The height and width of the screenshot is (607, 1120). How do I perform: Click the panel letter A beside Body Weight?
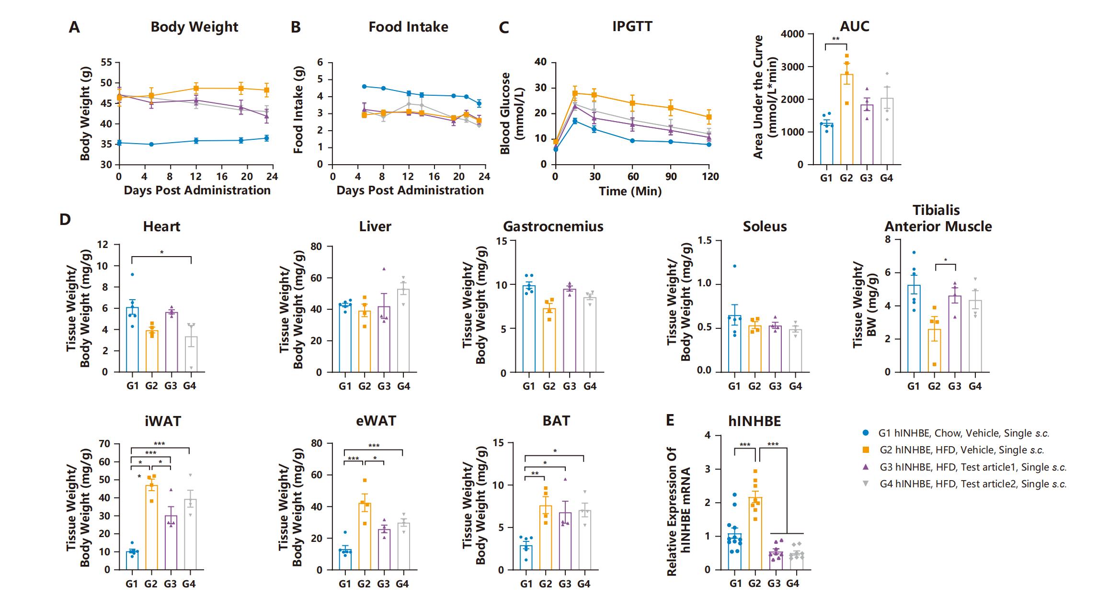click(74, 27)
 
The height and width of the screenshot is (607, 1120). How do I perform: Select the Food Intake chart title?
click(408, 27)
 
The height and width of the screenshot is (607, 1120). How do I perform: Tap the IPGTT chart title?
click(632, 26)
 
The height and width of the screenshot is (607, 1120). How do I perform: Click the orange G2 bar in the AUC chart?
click(846, 120)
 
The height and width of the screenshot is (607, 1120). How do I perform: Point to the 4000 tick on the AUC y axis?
click(792, 34)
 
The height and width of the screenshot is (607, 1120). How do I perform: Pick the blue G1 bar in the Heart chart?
click(132, 340)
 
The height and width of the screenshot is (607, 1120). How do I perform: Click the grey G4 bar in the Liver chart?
click(403, 330)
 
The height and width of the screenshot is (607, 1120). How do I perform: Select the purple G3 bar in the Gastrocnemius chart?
click(570, 331)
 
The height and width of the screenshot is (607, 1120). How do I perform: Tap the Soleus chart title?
click(765, 226)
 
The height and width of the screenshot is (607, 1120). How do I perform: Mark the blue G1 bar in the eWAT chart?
click(345, 560)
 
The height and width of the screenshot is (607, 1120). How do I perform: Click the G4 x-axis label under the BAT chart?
click(583, 584)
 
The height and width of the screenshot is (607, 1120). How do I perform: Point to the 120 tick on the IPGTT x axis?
click(710, 177)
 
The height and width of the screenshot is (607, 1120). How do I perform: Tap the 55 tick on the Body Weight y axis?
click(106, 62)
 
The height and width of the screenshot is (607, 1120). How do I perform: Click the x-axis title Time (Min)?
click(630, 191)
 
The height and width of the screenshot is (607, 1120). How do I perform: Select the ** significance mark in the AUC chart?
click(836, 40)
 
